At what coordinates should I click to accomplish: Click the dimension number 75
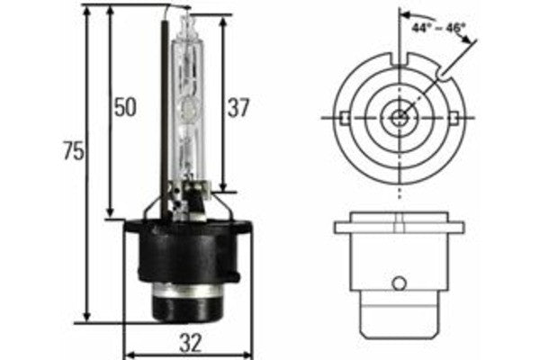73,151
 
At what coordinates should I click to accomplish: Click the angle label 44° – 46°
437,28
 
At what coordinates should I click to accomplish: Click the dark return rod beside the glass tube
166,117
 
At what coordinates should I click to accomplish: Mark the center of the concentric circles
399,118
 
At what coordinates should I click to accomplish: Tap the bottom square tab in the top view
399,172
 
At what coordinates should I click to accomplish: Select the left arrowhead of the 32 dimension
127,353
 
